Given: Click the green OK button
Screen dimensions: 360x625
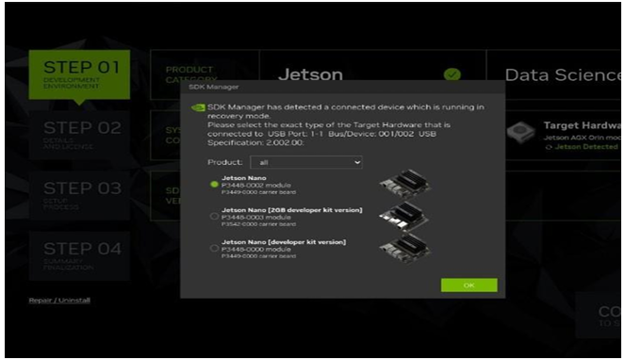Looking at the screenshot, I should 469,286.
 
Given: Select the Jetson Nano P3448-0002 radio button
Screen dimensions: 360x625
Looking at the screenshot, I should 215,185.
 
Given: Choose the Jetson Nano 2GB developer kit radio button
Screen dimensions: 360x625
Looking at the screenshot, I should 215,216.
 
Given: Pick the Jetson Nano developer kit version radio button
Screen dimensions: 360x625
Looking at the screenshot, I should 215,247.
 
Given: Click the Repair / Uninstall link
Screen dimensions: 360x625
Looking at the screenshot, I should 59,301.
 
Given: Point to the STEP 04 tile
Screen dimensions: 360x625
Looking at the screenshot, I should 84,255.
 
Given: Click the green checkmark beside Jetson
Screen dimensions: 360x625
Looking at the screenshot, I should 452,74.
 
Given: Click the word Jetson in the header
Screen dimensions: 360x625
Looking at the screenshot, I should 309,74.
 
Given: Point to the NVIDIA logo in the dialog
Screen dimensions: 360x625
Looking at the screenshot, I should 198,107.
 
